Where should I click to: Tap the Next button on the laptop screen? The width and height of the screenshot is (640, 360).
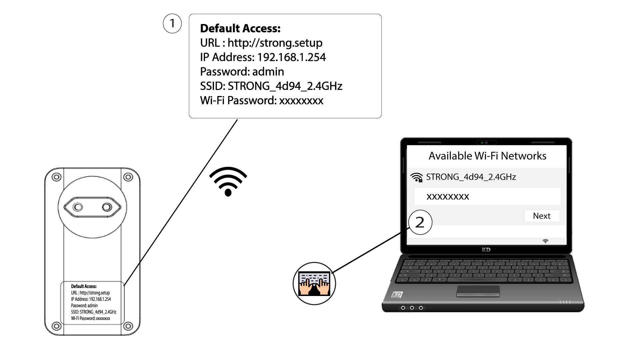point(542,216)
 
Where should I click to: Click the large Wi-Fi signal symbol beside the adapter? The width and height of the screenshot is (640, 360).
point(228,182)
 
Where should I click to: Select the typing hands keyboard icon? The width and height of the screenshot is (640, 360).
point(314,283)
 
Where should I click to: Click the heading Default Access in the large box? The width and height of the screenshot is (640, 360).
point(240,29)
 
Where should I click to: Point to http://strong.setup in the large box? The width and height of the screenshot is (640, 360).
point(275,43)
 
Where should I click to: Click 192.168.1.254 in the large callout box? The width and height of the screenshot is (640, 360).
point(292,57)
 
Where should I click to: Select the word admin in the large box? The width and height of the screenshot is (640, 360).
point(268,72)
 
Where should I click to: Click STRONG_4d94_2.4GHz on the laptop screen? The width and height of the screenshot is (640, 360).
point(471,177)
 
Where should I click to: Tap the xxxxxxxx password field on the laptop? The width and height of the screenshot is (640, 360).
point(487,197)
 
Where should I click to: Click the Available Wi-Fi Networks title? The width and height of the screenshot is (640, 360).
point(487,156)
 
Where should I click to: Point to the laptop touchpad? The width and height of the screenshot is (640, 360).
point(478,291)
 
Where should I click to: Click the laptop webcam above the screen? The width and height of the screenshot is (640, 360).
point(486,143)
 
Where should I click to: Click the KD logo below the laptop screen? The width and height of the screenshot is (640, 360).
point(486,250)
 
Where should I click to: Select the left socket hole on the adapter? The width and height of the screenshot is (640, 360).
point(78,207)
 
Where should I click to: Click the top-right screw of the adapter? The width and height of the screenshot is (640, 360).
point(128,177)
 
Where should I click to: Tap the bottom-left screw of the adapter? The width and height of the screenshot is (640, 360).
point(56,326)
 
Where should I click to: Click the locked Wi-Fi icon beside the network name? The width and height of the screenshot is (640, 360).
point(417,177)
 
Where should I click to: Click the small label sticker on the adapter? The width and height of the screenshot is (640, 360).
point(92,302)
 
